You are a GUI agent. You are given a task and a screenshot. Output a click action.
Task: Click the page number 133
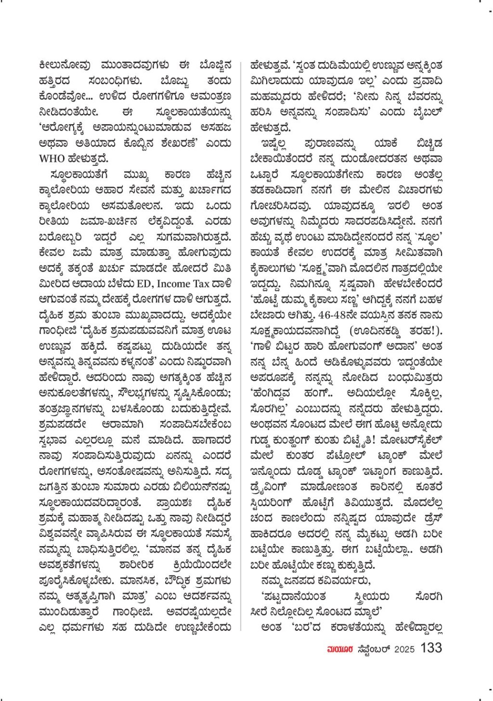(431, 648)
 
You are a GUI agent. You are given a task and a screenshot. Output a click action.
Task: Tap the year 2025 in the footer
(405, 649)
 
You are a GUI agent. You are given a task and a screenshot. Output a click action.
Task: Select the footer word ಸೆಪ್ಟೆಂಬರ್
(373, 649)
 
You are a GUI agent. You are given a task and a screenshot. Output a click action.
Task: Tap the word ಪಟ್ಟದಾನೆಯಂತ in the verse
(293, 596)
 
